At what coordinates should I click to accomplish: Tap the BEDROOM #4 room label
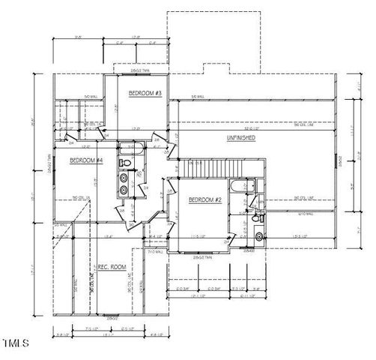click(x=86, y=160)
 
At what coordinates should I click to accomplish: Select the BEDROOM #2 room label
click(x=204, y=200)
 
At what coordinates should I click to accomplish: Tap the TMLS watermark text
click(x=15, y=343)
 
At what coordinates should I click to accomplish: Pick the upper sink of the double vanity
click(x=124, y=178)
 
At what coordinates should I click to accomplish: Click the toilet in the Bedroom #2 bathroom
click(x=255, y=219)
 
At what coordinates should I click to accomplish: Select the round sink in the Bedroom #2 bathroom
click(x=258, y=237)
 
